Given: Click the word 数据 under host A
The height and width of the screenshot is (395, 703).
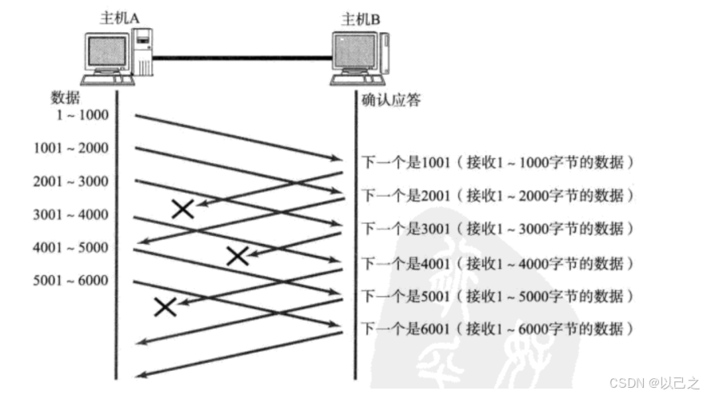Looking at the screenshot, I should [66, 97].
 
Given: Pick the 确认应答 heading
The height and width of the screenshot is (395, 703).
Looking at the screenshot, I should [391, 102].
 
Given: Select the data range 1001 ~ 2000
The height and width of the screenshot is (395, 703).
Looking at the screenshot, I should [71, 148].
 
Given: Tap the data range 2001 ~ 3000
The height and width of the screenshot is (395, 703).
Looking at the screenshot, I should [71, 182].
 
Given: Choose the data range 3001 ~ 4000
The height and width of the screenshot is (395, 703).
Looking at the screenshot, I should [71, 214].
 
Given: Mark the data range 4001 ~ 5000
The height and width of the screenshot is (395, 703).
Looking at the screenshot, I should [71, 247].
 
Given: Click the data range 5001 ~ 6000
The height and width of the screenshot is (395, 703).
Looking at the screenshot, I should [71, 281].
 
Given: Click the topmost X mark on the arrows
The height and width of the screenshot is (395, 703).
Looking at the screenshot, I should [183, 209].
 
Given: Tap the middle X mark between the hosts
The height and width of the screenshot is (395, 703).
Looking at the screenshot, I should [237, 256].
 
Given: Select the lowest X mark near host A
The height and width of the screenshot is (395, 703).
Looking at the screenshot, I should [165, 306].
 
